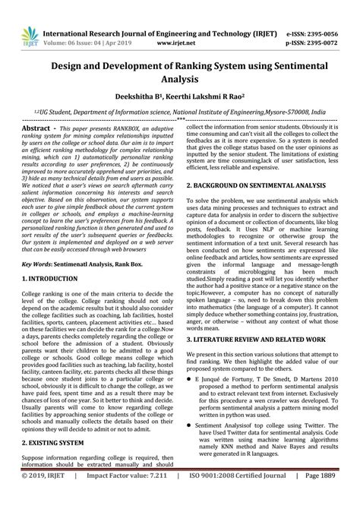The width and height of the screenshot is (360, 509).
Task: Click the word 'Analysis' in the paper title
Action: [x=180, y=79]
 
